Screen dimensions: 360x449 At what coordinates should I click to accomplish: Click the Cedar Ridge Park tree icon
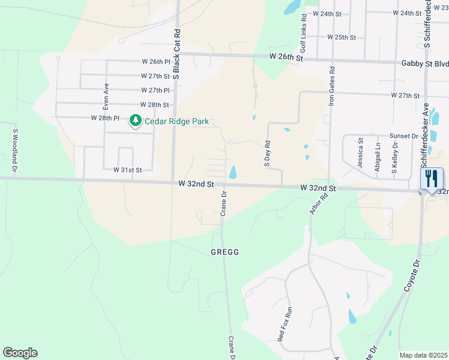point(136,121)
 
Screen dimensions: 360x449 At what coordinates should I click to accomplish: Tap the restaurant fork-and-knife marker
point(432,178)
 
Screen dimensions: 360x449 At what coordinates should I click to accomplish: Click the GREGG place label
point(224,252)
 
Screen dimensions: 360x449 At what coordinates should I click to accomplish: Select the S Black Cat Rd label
point(177,54)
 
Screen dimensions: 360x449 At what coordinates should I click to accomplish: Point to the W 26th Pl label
point(157,62)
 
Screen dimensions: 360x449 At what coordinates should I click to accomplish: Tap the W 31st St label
point(127,170)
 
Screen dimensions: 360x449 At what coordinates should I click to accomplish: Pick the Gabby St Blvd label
point(424,63)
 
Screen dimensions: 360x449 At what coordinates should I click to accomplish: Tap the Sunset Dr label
point(403,136)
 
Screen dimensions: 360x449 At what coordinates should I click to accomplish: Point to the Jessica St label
point(361,153)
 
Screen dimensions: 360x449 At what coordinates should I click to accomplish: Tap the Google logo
point(20,353)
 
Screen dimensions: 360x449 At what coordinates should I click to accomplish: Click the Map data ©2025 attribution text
point(423,355)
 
